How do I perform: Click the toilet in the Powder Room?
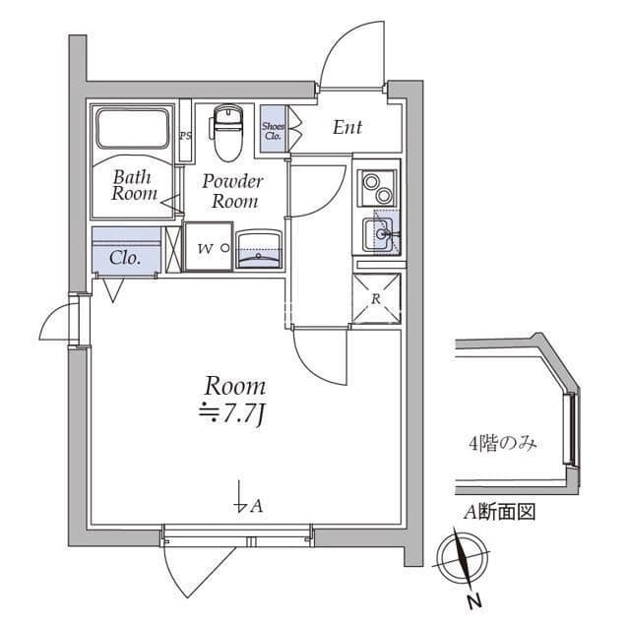coord(227,133)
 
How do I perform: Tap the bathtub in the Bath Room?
coord(132,128)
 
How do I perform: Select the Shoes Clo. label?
coord(273,131)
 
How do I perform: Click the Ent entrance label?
coord(347,127)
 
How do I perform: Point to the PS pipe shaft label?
coord(185,136)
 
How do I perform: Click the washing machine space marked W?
coord(208,247)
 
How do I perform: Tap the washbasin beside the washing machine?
coord(259,249)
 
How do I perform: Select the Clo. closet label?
coord(125,257)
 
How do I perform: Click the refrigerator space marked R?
coord(376,298)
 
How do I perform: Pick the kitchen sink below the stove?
coord(381,234)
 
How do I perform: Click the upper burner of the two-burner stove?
coord(370,182)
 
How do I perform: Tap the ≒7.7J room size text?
coord(232,413)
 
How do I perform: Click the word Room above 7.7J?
coord(235,387)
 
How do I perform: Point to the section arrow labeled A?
coord(240,497)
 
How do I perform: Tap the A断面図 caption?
coord(500,513)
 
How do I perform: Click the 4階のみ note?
coord(503,445)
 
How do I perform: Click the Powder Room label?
coord(232,192)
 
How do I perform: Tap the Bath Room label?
coord(134,185)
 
